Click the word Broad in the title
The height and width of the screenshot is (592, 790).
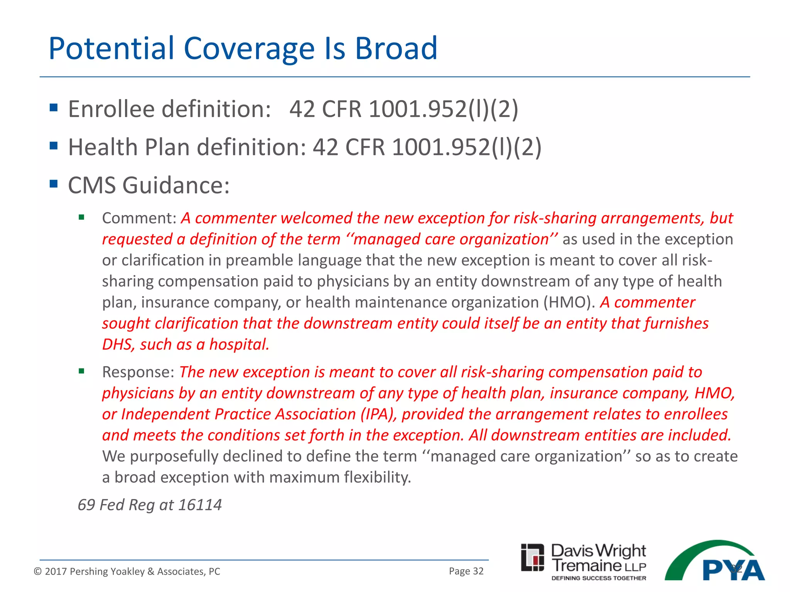396,49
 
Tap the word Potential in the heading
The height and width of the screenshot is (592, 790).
111,49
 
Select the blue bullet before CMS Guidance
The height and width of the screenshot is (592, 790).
54,183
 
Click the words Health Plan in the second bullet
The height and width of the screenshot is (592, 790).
129,147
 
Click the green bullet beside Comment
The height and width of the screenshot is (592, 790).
81,217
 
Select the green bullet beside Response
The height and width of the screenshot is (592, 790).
81,372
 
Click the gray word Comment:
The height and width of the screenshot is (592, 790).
139,218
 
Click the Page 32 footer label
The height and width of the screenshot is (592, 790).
466,571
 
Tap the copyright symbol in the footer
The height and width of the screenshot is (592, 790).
37,572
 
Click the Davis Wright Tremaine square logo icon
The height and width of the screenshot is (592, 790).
532,557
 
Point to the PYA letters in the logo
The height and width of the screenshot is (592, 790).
733,570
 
